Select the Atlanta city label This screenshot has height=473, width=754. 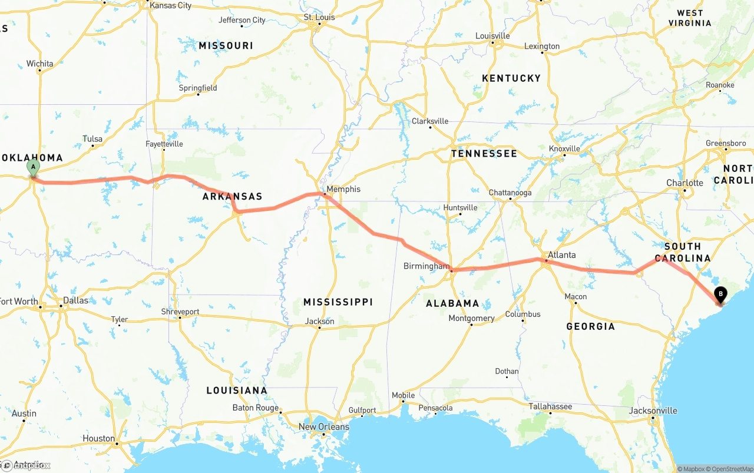pos(561,255)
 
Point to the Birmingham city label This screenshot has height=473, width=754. pos(426,266)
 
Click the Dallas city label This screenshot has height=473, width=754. pos(75,300)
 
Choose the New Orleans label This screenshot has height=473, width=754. pos(323,426)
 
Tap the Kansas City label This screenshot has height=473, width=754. pos(170,5)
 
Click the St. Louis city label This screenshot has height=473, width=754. pos(319,18)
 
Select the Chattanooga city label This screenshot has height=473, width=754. pos(510,193)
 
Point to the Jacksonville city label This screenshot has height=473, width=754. pos(653,411)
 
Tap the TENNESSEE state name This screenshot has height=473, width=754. pos(484,153)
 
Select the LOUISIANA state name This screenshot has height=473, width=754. pos(236,390)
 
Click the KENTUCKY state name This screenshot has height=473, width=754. pos(511,78)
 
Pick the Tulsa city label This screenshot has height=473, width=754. pos(92,139)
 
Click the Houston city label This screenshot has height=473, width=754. pos(99,438)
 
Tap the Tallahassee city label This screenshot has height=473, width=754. pos(550,406)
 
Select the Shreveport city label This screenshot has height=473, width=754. pos(180,312)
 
